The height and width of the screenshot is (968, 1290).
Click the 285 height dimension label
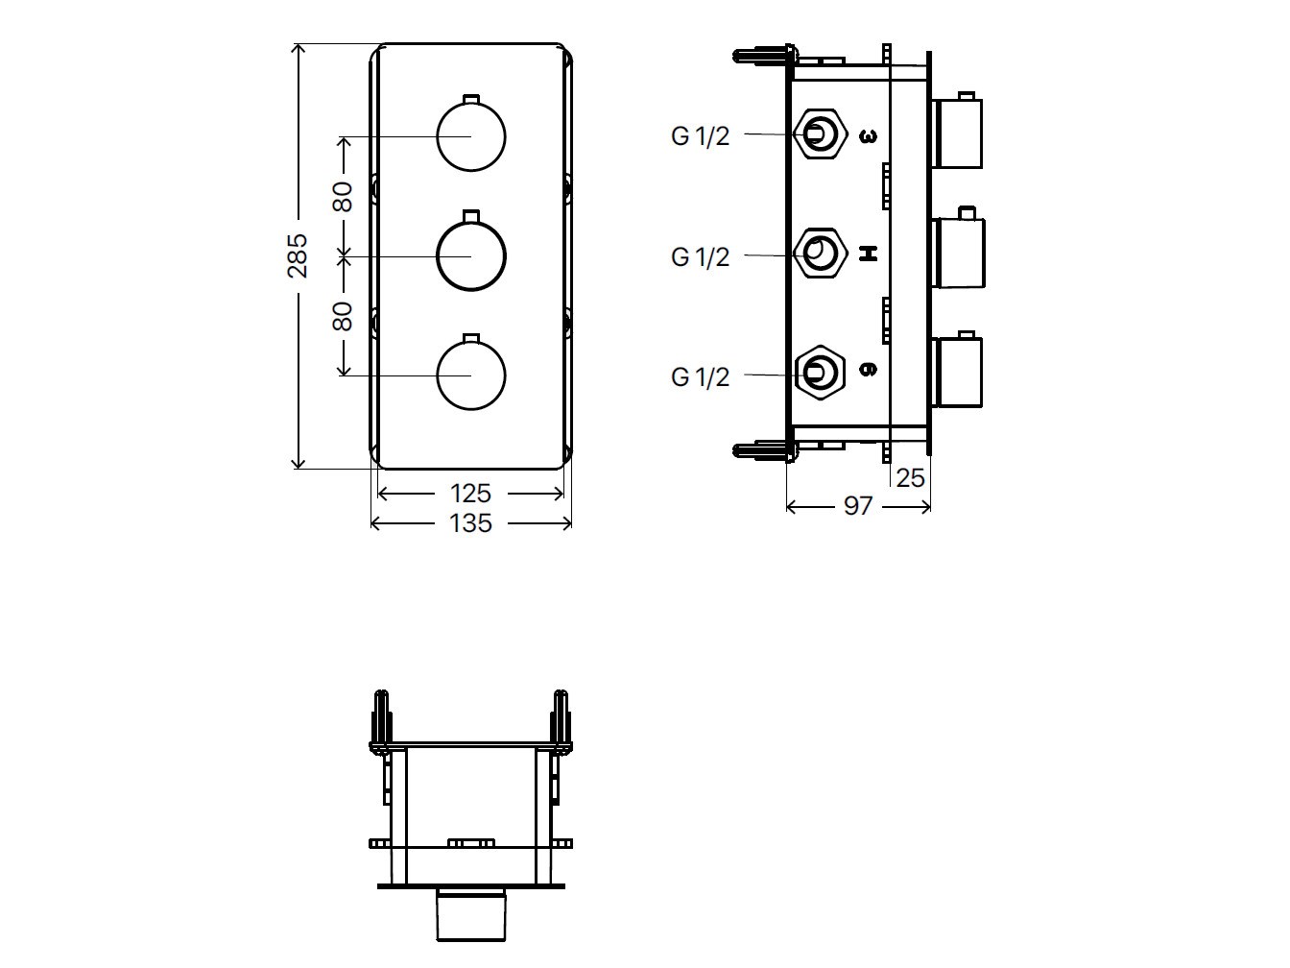tap(298, 255)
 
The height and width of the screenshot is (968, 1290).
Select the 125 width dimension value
tap(470, 494)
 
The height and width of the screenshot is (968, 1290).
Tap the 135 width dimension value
tap(470, 523)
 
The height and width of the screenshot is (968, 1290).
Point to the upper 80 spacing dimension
tap(343, 196)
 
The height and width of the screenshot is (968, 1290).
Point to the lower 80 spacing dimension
tap(343, 316)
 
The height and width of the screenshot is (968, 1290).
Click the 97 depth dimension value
tap(858, 506)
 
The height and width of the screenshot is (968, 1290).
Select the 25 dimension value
tap(910, 477)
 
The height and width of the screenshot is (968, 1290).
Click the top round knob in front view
tap(470, 136)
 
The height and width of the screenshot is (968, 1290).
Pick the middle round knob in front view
tap(470, 256)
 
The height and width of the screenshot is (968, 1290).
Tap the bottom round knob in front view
tap(470, 375)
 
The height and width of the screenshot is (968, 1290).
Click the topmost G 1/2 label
tap(700, 136)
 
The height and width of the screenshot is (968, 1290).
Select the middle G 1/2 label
tap(700, 257)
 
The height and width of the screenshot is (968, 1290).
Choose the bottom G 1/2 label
tap(700, 377)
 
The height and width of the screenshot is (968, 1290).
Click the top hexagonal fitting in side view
tap(820, 133)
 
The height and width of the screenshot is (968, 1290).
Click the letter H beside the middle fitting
tap(868, 254)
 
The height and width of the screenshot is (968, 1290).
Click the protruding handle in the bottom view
tap(470, 915)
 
